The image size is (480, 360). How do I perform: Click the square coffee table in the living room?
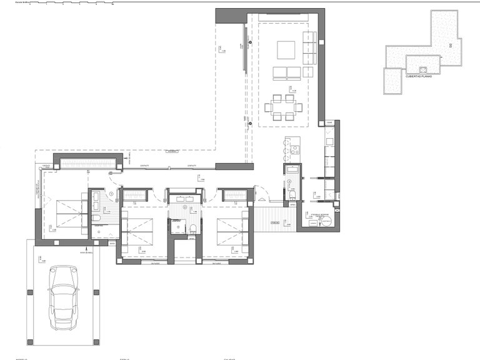[286, 49]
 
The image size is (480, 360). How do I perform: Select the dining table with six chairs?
[281, 106]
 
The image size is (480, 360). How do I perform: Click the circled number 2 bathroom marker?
[184, 207]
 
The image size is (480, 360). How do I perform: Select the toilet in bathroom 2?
[193, 227]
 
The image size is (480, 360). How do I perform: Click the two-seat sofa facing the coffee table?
[286, 72]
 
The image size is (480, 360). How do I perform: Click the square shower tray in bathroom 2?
[177, 227]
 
